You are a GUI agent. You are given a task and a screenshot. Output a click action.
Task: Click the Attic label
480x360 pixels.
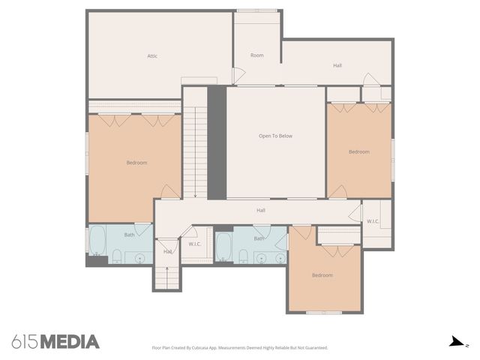click(151, 55)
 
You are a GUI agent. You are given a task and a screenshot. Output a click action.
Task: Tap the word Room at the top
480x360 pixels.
click(257, 55)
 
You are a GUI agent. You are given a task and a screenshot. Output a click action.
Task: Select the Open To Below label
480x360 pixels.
click(275, 136)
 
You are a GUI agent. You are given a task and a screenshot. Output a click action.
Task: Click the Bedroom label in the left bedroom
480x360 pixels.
click(136, 163)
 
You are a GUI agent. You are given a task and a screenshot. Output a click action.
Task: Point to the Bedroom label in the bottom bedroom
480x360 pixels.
click(322, 275)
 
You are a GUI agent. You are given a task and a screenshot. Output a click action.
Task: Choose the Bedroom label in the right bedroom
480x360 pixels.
click(359, 151)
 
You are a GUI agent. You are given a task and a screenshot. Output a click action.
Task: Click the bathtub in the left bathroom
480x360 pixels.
click(97, 242)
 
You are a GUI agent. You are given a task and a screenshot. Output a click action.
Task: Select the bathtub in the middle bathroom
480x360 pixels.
click(223, 246)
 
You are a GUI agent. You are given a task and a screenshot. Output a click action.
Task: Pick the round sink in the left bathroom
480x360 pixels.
click(139, 259)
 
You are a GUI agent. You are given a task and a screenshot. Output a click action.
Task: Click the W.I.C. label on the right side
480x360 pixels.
click(373, 221)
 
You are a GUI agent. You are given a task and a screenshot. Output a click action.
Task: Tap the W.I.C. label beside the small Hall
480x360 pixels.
click(194, 244)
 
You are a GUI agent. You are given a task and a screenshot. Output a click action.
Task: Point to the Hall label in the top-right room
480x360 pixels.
click(337, 66)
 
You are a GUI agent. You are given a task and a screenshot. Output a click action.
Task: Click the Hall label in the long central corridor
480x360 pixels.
click(261, 210)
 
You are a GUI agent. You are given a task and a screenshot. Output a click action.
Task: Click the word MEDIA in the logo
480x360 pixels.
click(69, 342)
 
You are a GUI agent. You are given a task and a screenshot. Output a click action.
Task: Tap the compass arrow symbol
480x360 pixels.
click(454, 342)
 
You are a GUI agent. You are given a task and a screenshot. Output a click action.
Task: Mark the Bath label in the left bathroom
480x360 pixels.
click(130, 235)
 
